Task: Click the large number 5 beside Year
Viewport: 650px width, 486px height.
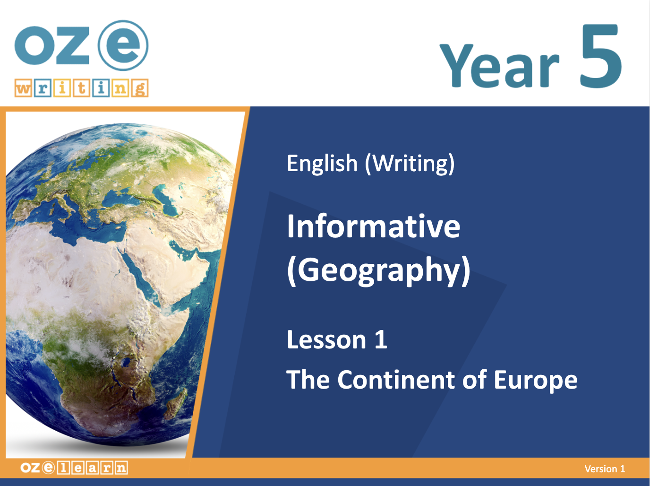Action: [x=600, y=56]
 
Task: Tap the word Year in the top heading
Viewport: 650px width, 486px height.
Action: [x=499, y=66]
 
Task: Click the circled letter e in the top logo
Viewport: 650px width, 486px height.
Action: [x=123, y=45]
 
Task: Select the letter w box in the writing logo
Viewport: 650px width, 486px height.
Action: [x=23, y=88]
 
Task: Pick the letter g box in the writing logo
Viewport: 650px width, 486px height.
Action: [x=140, y=88]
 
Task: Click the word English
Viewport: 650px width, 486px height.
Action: [x=322, y=163]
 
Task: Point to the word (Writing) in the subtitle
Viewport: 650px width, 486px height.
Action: [x=410, y=164]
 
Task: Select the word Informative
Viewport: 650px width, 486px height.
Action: [x=374, y=226]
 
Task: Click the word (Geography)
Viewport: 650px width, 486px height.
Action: [x=379, y=270]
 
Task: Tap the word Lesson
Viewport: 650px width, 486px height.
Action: [x=326, y=339]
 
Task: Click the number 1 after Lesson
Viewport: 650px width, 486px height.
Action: [x=381, y=339]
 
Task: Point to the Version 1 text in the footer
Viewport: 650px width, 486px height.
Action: [x=605, y=469]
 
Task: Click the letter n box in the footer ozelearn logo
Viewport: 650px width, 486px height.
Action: [x=121, y=468]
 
